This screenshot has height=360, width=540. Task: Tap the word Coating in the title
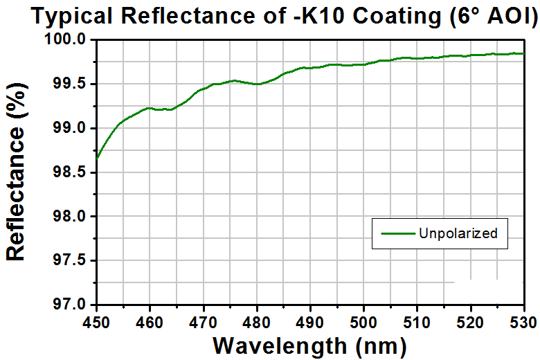(x=397, y=17)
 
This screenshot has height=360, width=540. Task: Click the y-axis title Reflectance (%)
(x=16, y=171)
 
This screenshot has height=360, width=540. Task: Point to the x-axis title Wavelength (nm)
(x=309, y=345)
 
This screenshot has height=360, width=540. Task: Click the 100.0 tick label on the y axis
(x=65, y=39)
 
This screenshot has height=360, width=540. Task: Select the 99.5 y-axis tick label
(x=69, y=84)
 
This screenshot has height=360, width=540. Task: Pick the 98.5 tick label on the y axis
(x=69, y=172)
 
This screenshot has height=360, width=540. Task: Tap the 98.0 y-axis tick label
(x=69, y=216)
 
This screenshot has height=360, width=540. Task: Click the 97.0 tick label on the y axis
(x=69, y=305)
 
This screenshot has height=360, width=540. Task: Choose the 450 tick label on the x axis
(x=96, y=323)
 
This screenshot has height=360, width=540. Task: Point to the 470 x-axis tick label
(x=204, y=323)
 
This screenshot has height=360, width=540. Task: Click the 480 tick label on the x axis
(x=257, y=323)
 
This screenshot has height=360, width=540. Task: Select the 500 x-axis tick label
(x=363, y=323)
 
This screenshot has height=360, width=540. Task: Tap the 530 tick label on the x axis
(x=524, y=323)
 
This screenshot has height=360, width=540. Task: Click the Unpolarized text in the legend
(x=458, y=233)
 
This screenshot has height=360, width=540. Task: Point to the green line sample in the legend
(x=398, y=233)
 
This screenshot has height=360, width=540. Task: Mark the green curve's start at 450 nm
(x=97, y=159)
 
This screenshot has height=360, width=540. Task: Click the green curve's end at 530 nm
(x=524, y=53)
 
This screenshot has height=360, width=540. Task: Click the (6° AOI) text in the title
(x=494, y=17)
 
